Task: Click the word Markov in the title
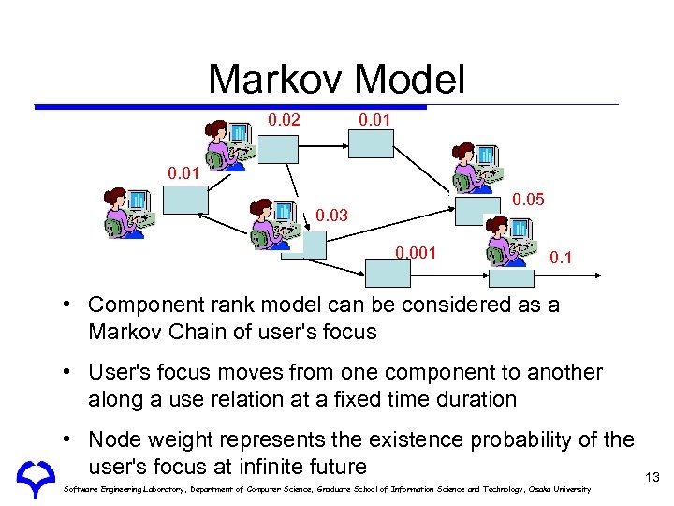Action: [x=271, y=80]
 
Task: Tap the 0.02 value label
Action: [x=286, y=120]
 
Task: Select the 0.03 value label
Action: [x=330, y=216]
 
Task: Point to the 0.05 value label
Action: [x=531, y=200]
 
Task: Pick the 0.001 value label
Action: [x=415, y=253]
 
